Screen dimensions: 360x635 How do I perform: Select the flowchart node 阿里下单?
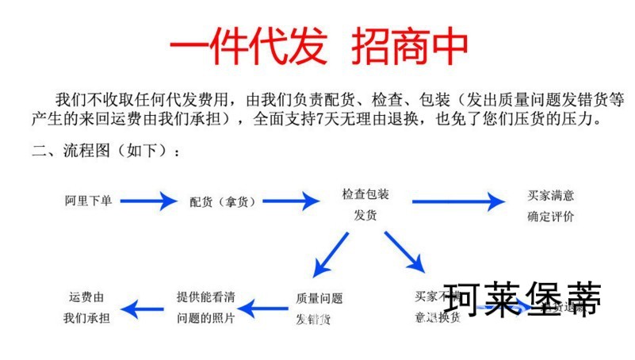point(88,201)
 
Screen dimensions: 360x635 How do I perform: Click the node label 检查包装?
point(365,194)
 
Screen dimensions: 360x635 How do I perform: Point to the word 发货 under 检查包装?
point(365,215)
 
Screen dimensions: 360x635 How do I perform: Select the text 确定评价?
point(551,216)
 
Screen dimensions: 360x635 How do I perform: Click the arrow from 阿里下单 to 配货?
point(147,201)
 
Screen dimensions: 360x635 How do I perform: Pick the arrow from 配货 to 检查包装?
point(291,201)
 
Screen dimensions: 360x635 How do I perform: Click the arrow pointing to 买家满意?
point(457,201)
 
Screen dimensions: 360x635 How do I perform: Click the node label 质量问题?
point(319,299)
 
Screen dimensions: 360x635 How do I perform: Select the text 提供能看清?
point(205,297)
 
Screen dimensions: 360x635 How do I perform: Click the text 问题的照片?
point(205,318)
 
